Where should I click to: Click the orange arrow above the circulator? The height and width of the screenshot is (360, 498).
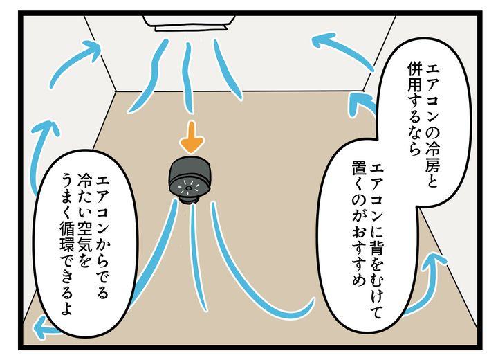click(192, 137)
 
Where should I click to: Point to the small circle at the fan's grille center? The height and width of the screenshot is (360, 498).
click(188, 188)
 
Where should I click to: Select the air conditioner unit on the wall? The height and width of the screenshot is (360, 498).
click(189, 22)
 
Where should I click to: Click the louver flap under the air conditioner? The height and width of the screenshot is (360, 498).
click(191, 29)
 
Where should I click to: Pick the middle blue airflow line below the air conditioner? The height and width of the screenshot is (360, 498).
click(188, 78)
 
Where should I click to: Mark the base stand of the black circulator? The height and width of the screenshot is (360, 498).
click(190, 199)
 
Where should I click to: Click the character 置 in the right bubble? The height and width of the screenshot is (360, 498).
click(359, 169)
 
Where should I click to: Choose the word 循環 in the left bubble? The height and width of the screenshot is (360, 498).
click(66, 237)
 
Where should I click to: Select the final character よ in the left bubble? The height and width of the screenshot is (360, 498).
click(66, 308)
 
